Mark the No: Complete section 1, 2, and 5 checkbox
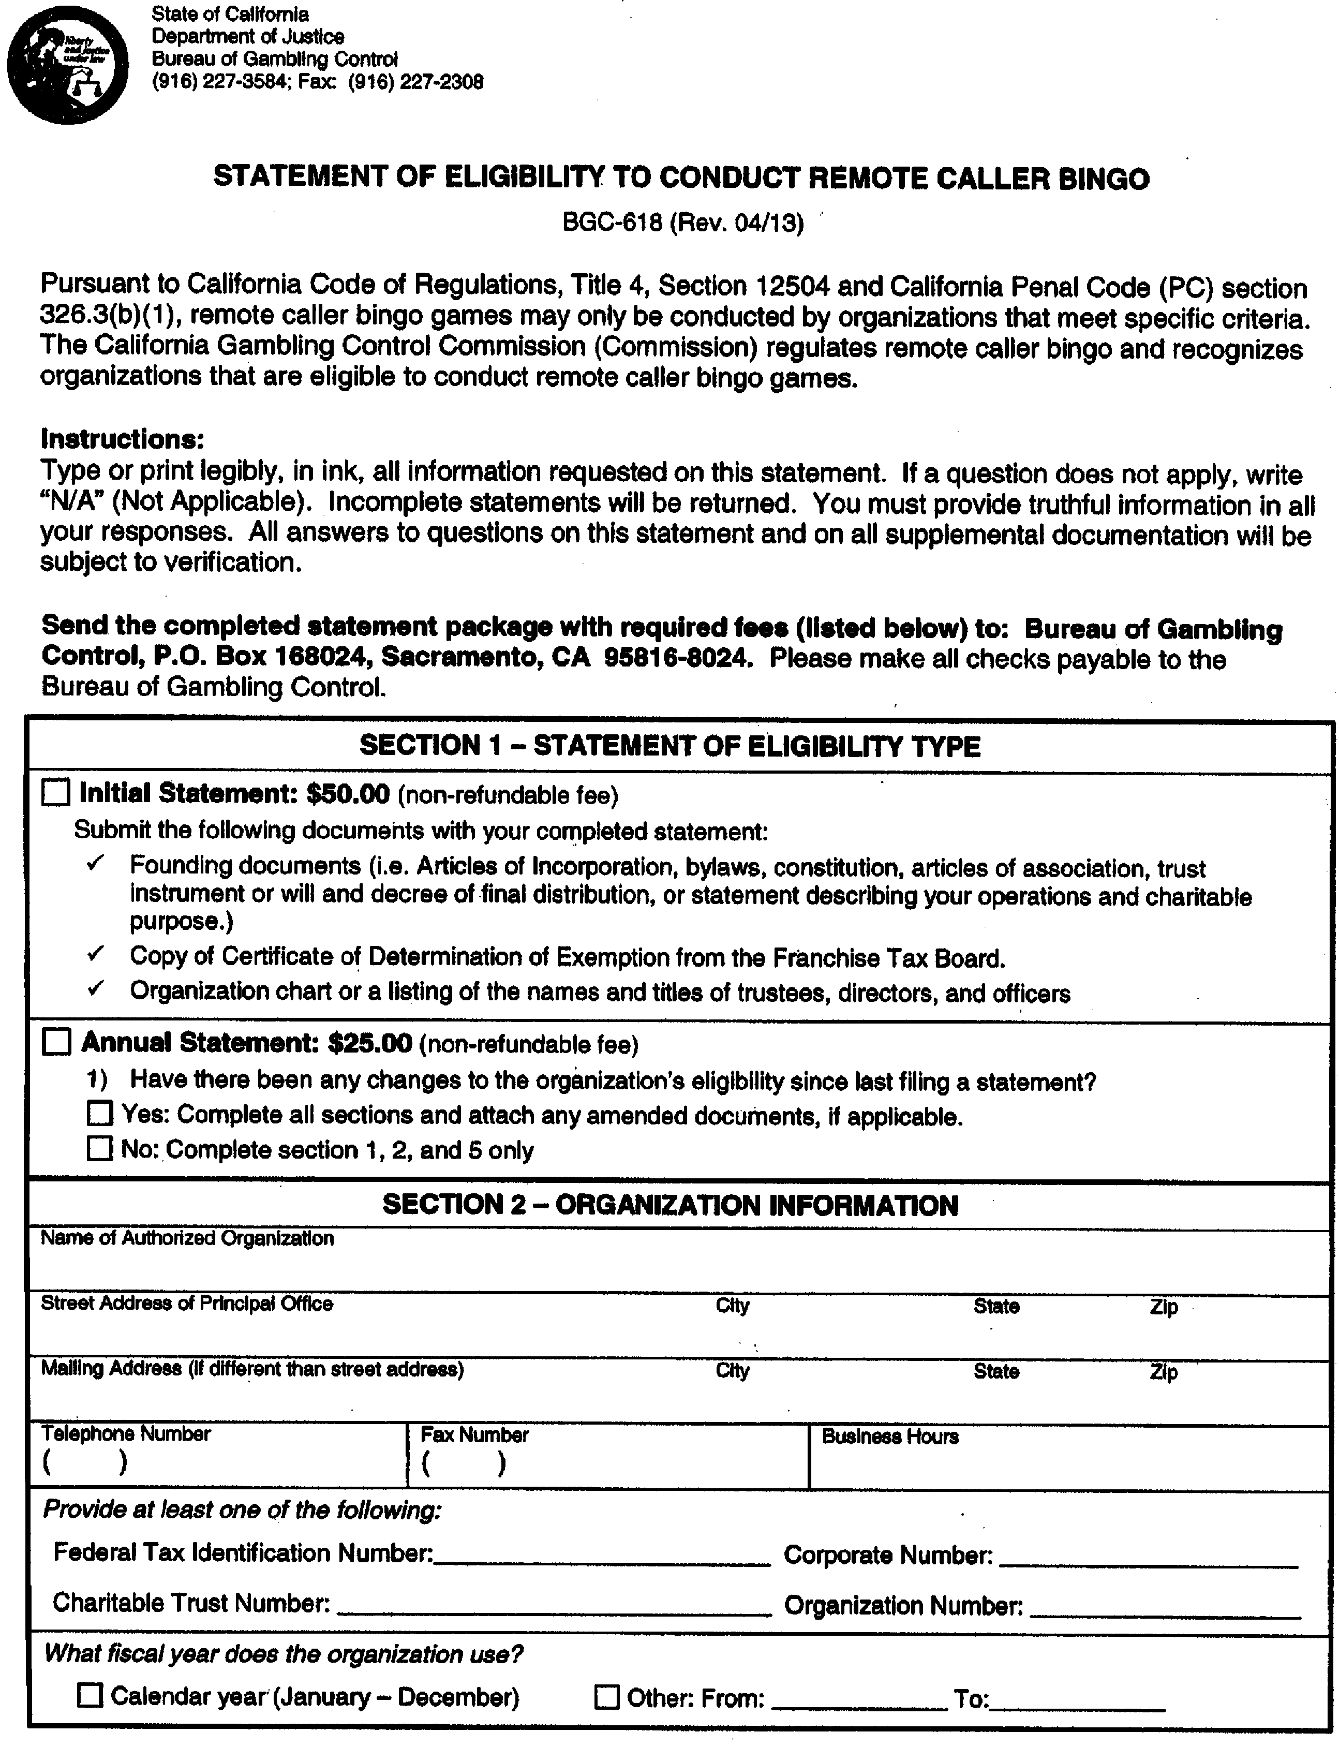pos(100,1148)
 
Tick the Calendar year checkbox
pos(90,1695)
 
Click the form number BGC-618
pos(612,223)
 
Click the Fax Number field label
pos(474,1434)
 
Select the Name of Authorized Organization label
pos(187,1238)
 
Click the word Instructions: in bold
pos(123,439)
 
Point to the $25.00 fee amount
pos(370,1043)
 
